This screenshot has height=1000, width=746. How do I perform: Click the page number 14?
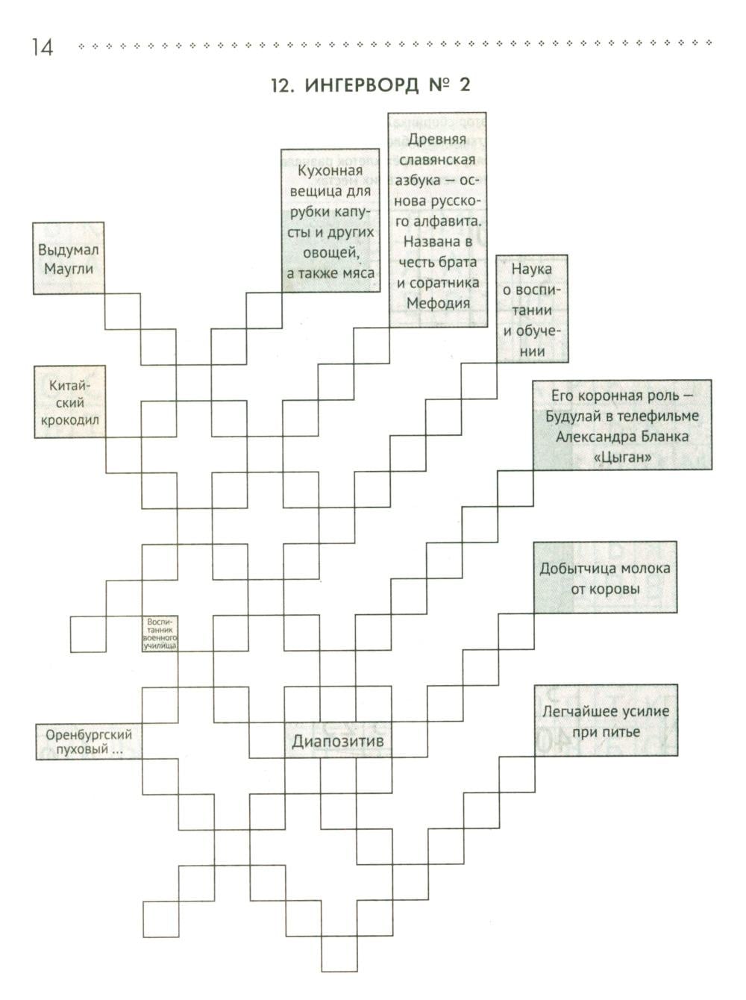tap(43, 47)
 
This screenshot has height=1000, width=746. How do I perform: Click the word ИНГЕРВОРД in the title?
tap(362, 86)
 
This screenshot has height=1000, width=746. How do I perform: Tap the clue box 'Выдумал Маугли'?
tap(69, 258)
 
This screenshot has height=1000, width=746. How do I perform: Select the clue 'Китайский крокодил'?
tap(69, 401)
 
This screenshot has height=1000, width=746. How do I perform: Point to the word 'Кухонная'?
tap(330, 171)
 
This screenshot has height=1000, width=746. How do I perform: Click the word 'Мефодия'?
tap(438, 303)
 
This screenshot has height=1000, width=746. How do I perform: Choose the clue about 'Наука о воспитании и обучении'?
tap(531, 309)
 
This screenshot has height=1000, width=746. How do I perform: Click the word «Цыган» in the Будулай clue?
tap(622, 457)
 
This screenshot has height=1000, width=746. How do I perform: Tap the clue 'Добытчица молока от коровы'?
tap(605, 577)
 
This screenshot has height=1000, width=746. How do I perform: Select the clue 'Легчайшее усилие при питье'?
tap(606, 721)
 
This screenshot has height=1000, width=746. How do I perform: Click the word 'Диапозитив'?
tap(337, 741)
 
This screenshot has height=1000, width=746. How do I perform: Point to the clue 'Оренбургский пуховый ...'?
tap(89, 742)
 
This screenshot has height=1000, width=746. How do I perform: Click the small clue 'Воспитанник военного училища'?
tap(160, 634)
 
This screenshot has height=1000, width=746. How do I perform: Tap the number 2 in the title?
tap(464, 85)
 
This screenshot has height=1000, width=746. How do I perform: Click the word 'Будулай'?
tap(572, 416)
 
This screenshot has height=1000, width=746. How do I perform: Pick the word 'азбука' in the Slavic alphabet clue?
tap(417, 181)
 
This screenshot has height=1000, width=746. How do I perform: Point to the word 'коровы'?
tap(605, 589)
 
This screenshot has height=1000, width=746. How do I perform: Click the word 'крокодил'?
tap(69, 420)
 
